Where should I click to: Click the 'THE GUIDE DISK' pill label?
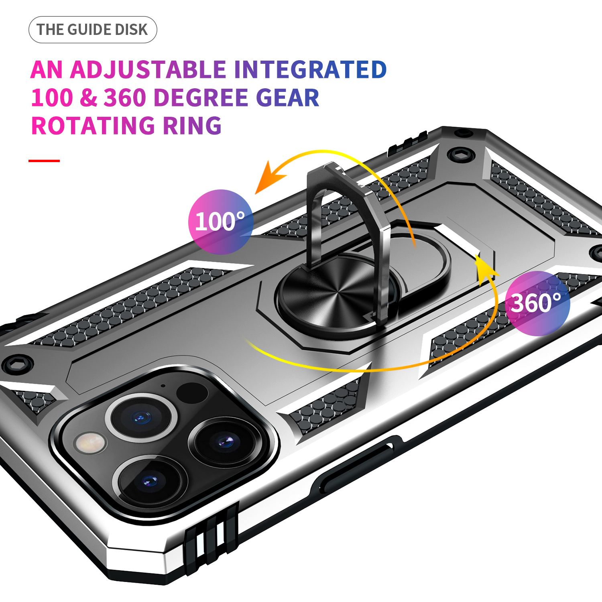tap(93, 30)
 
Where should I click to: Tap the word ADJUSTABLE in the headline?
tap(148, 69)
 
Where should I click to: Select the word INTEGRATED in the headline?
tap(310, 69)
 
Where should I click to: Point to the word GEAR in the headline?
tap(287, 98)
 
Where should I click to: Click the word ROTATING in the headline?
tap(93, 126)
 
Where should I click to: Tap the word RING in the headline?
tap(192, 126)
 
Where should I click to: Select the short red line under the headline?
tap(44, 161)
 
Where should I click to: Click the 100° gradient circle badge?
tap(221, 222)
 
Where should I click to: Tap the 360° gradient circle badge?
tap(537, 303)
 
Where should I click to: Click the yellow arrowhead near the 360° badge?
tap(486, 267)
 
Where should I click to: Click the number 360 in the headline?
tap(125, 98)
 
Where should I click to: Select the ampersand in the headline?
tap(88, 98)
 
